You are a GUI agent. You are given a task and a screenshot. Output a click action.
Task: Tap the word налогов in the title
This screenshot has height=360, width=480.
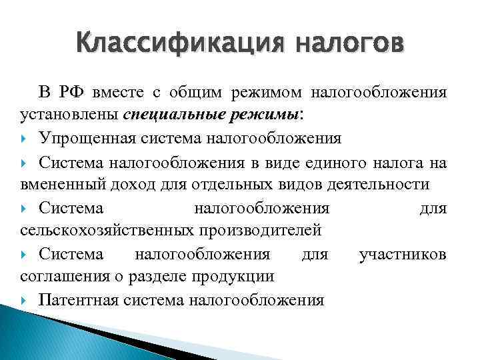[347, 45]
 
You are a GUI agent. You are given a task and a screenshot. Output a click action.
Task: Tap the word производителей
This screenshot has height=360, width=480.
[259, 231]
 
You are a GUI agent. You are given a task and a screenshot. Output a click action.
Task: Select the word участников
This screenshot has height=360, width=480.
[403, 254]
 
